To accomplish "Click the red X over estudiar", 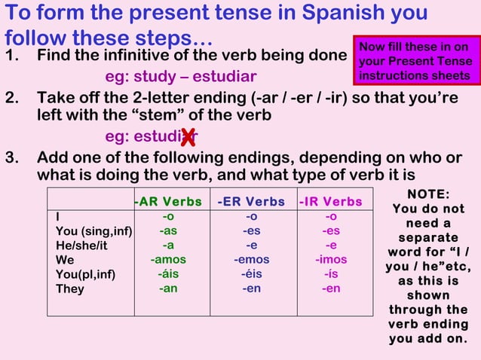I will click(x=188, y=137).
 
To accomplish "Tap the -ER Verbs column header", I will click(x=251, y=201).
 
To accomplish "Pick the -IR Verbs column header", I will click(x=330, y=201).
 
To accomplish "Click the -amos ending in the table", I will click(x=168, y=260).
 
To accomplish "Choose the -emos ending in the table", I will click(x=251, y=260).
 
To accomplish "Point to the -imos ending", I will click(x=330, y=260).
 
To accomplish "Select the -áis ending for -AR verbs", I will click(x=168, y=274).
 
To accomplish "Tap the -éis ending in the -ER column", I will click(x=251, y=274).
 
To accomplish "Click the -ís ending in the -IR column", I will click(x=330, y=274).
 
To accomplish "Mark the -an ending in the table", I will click(x=168, y=288).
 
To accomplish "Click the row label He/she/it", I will click(x=81, y=246).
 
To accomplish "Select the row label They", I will click(x=70, y=289).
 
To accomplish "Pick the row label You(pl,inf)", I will click(x=85, y=274).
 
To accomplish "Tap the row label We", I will click(x=65, y=260).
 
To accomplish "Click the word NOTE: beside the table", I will click(x=427, y=194).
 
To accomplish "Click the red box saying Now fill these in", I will click(x=414, y=61).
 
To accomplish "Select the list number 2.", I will click(x=11, y=98).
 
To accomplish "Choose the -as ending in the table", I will click(x=168, y=231).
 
